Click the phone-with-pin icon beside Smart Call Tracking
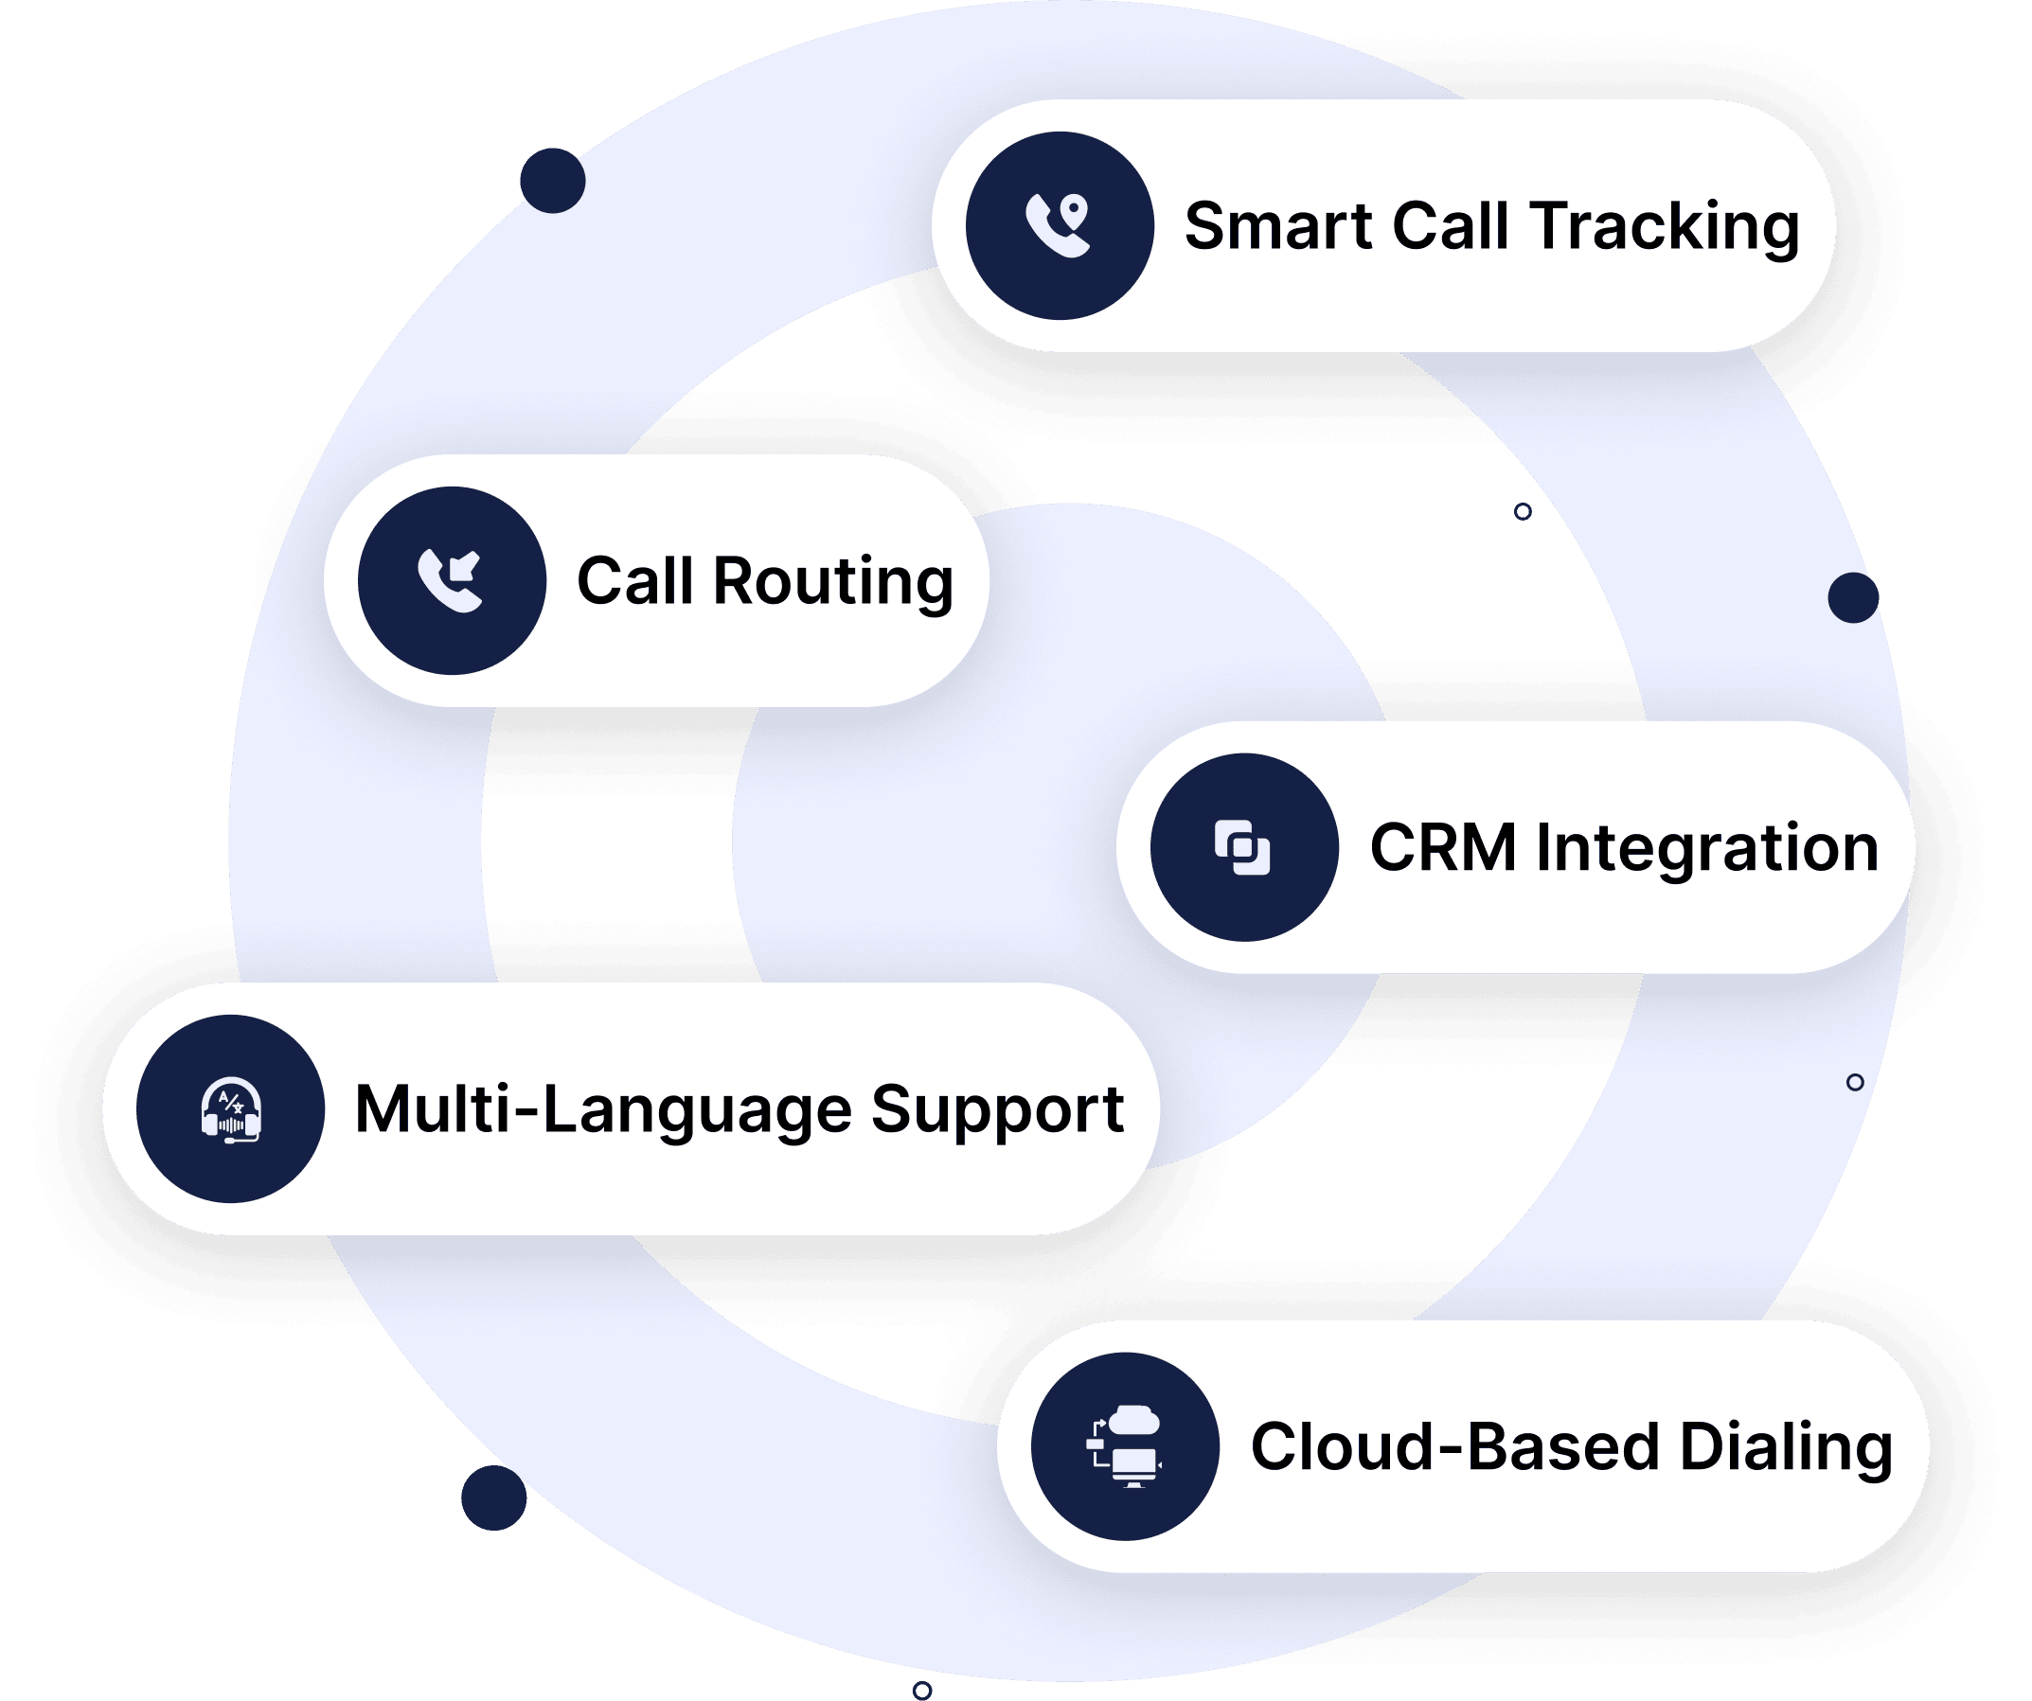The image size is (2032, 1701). tap(1059, 225)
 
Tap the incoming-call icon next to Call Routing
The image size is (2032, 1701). tap(451, 580)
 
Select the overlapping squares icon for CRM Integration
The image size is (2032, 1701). tap(1243, 847)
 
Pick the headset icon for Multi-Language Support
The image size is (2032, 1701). tap(230, 1108)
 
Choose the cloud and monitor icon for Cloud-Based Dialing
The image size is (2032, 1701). tap(1125, 1446)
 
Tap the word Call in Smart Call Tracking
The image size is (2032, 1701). tap(1451, 226)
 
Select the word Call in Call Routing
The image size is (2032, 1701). tap(634, 581)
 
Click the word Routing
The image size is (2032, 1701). tap(832, 583)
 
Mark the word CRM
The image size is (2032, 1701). tap(1442, 848)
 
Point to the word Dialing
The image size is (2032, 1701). tap(1785, 1449)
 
